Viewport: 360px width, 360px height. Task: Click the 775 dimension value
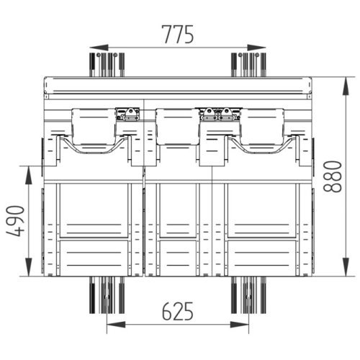point(177,34)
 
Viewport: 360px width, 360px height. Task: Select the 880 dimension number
point(333,175)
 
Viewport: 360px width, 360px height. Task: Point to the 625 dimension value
point(177,311)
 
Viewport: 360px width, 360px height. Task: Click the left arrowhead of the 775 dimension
point(94,48)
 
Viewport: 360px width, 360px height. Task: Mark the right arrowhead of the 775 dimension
point(261,48)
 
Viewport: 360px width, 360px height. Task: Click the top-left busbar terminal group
point(107,63)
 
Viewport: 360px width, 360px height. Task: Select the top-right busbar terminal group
point(248,63)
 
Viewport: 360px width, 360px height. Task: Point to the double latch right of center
point(219,113)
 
